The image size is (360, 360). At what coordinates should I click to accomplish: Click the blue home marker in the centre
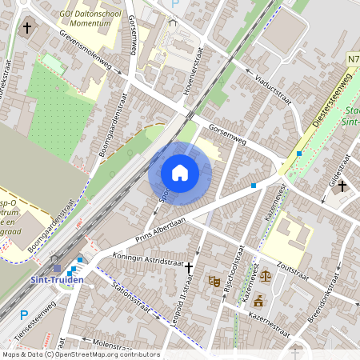tap(180, 172)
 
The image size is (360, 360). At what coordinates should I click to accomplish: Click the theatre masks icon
tap(214, 281)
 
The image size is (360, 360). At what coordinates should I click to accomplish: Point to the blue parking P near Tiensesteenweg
tap(23, 315)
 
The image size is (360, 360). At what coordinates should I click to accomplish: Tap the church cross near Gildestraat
tap(342, 186)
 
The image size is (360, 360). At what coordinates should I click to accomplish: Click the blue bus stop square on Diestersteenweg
tap(299, 153)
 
